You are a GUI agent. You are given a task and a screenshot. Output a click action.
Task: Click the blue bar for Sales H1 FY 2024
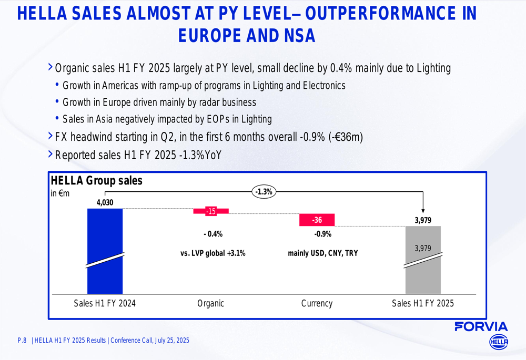[105, 251]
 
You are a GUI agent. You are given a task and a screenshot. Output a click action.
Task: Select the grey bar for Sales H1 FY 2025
[423, 260]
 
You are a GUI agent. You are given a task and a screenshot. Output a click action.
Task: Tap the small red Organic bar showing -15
[211, 211]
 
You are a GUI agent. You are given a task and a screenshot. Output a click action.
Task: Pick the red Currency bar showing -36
[317, 220]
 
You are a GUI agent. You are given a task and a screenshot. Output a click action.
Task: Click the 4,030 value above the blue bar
[105, 202]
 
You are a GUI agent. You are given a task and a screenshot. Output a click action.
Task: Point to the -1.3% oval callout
[264, 192]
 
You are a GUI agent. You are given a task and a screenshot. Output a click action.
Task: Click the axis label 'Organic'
[210, 303]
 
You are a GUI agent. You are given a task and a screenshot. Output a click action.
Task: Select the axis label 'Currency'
[317, 303]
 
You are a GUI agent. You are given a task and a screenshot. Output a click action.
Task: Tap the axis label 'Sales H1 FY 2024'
[105, 303]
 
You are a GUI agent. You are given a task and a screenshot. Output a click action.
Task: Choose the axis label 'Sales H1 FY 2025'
[423, 303]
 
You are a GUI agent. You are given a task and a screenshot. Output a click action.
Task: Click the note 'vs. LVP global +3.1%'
[213, 253]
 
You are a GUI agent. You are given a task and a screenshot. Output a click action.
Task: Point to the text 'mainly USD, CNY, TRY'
[322, 253]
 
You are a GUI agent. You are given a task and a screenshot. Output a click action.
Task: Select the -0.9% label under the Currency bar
[322, 234]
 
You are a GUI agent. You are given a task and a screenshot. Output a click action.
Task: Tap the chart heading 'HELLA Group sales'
[96, 181]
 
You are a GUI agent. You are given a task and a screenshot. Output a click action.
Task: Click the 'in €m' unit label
[60, 193]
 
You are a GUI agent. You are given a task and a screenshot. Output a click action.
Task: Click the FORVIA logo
[481, 326]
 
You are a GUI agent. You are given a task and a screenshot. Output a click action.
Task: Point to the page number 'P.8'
[22, 341]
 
